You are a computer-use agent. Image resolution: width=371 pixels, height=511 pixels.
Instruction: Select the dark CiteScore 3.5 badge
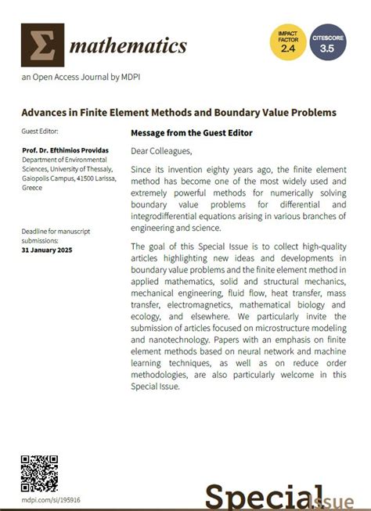pos(328,42)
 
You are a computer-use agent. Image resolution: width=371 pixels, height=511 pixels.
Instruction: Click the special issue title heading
pos(178,113)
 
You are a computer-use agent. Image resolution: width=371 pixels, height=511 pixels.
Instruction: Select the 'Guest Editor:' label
pos(41,131)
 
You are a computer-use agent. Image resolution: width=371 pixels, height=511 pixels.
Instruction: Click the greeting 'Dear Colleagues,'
pos(161,151)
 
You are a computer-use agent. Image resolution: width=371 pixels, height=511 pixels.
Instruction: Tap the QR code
pos(40,473)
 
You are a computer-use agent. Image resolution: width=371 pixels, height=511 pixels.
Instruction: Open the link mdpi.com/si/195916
pos(51,499)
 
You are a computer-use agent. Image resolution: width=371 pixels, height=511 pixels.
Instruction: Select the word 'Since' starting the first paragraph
pos(143,169)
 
